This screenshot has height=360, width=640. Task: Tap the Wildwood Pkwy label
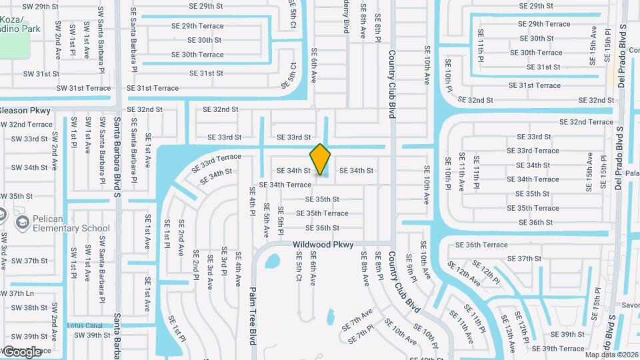[323, 245]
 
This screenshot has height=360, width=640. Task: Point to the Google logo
[22, 351]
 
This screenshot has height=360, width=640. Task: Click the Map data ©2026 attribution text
[611, 354]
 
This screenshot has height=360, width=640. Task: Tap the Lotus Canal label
[84, 325]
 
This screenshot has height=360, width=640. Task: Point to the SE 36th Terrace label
[486, 245]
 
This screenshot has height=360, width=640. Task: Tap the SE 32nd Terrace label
[586, 122]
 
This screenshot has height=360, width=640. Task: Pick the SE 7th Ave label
[357, 320]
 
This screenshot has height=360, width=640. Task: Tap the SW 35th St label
[16, 196]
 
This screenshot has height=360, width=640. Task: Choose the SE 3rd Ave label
[209, 271]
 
